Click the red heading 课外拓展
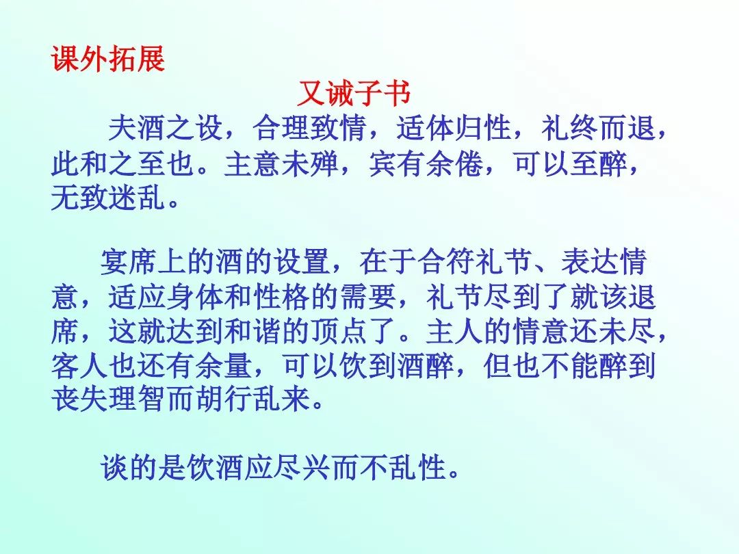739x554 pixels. click(x=108, y=59)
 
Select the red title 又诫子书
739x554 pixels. click(x=354, y=93)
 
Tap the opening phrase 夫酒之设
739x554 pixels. click(x=166, y=128)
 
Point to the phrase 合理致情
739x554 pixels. click(x=310, y=128)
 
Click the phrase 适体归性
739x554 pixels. click(x=454, y=128)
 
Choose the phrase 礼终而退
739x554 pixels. click(x=598, y=128)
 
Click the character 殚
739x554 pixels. click(x=324, y=164)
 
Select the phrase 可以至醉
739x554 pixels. click(x=569, y=164)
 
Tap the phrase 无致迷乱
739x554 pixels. click(x=108, y=197)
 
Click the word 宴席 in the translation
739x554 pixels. click(x=129, y=261)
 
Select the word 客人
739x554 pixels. click(x=79, y=365)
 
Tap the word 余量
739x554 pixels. click(x=223, y=365)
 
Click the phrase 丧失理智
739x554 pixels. click(x=108, y=399)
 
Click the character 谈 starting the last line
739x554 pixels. click(x=114, y=468)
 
